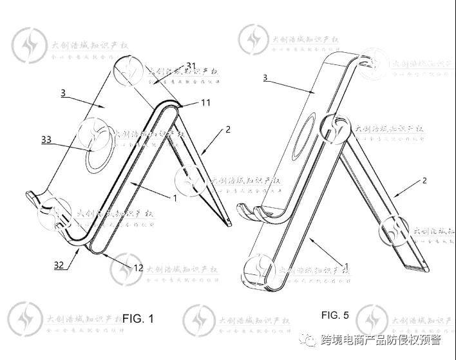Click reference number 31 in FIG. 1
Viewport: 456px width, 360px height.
[x=191, y=66]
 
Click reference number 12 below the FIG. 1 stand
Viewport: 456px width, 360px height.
[x=137, y=267]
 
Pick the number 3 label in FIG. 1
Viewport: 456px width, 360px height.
[x=63, y=93]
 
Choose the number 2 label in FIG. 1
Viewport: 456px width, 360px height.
[x=227, y=129]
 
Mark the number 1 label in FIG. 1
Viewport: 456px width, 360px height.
[x=174, y=198]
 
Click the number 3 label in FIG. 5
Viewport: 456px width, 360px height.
[x=265, y=77]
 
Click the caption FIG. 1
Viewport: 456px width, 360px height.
[x=138, y=318]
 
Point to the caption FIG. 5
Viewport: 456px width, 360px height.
[x=335, y=315]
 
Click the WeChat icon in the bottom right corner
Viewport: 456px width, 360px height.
[x=311, y=339]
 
